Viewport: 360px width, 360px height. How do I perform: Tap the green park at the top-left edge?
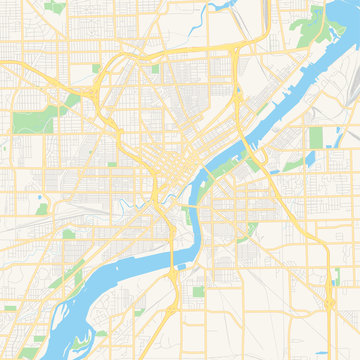point(56,7)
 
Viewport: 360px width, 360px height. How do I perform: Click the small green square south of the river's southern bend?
point(197,292)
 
